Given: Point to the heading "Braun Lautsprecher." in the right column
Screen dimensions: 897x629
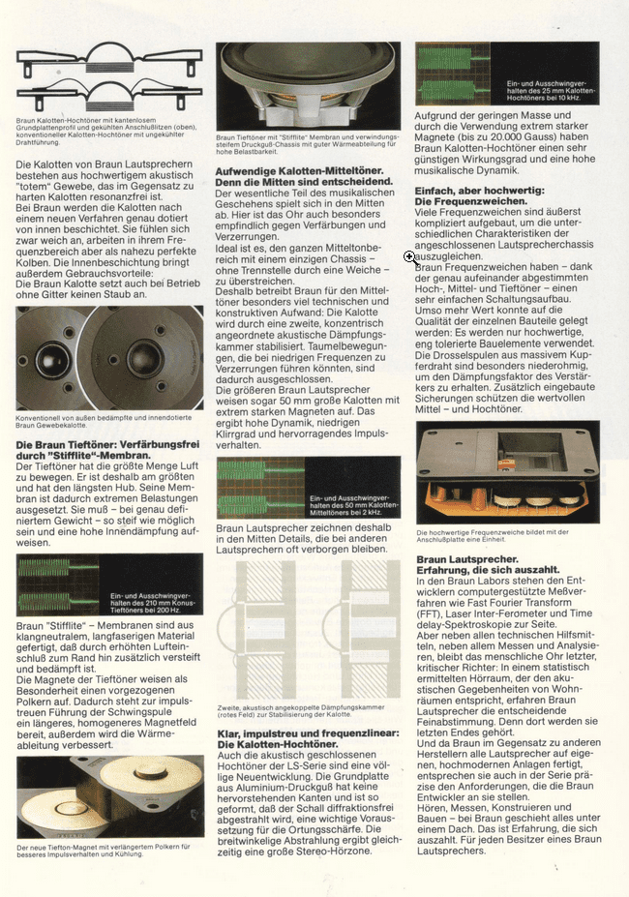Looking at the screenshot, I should (467, 559).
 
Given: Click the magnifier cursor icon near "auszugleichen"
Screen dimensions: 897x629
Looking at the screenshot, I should (410, 257).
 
